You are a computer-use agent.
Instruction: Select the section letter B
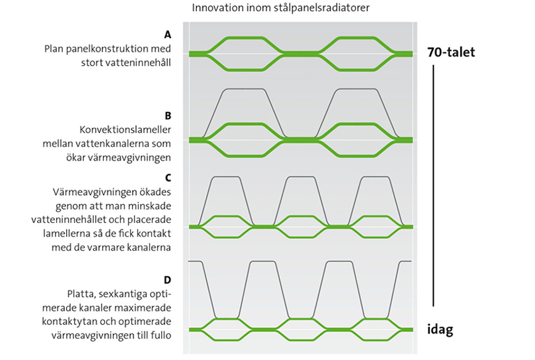point(168,115)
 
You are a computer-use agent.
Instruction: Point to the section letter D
point(168,279)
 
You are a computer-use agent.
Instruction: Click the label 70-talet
point(450,52)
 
